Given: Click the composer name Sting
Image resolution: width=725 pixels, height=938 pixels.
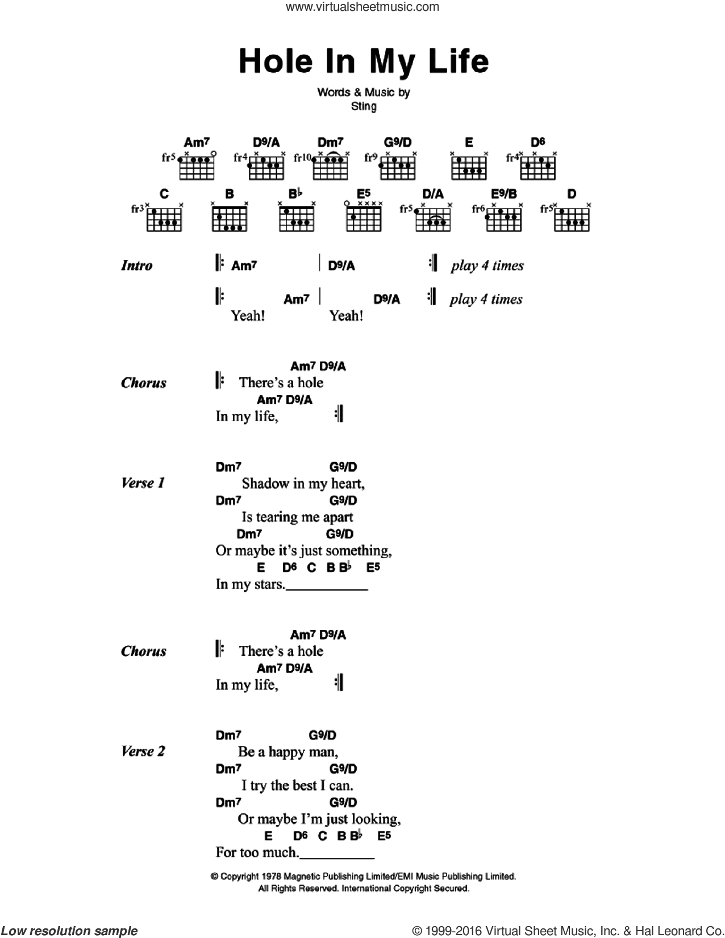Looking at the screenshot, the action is (363, 106).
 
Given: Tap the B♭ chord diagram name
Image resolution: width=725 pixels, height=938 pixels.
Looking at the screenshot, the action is (295, 194).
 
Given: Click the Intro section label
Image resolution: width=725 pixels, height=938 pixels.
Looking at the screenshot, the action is (137, 265).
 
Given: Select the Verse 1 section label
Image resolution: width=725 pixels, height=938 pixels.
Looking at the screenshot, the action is (143, 483).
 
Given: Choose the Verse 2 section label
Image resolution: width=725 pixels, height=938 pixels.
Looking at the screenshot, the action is (143, 751).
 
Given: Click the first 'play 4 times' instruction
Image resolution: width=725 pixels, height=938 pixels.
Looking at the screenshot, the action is (488, 265).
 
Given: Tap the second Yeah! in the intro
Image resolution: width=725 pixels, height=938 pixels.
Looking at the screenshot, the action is (347, 316).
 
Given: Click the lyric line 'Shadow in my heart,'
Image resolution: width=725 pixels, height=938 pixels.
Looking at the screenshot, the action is (303, 483).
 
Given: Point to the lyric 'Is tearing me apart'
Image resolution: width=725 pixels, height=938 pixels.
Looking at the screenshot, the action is (297, 517).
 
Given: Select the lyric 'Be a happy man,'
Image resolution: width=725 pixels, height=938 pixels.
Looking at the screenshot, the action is (287, 752).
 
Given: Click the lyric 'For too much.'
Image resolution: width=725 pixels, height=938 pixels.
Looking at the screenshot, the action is (257, 852).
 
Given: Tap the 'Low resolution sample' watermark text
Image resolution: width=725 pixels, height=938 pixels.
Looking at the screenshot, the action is (69, 931).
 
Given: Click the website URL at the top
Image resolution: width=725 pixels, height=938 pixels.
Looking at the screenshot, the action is (363, 6).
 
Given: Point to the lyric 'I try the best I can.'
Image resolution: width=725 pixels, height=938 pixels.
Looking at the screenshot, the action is (297, 786).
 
